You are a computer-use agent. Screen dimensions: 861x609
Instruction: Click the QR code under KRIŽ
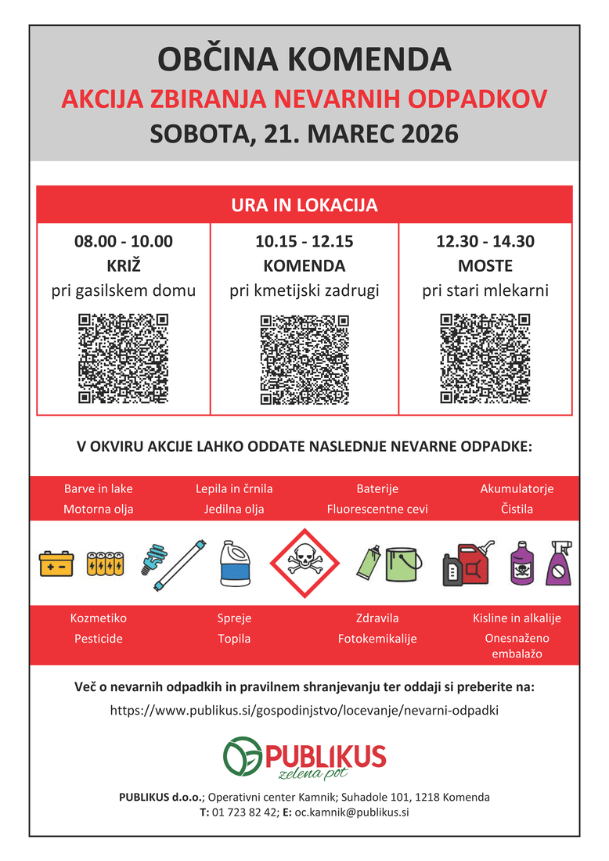(124, 358)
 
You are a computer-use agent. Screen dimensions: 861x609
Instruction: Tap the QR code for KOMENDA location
(304, 359)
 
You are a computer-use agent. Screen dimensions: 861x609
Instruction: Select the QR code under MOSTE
(485, 358)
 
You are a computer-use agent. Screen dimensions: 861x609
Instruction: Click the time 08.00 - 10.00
(124, 241)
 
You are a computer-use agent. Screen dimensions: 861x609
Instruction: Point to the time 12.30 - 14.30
(485, 241)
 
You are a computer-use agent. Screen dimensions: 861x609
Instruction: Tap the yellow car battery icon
(56, 563)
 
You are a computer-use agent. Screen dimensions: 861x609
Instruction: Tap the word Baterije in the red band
(377, 488)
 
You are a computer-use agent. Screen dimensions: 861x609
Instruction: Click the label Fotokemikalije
(377, 639)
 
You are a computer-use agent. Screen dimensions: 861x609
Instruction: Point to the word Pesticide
(99, 639)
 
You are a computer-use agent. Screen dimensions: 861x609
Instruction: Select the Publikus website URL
(304, 711)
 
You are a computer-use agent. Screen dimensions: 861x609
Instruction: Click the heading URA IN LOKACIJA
(304, 205)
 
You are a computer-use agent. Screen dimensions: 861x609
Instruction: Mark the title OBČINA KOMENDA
(304, 59)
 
